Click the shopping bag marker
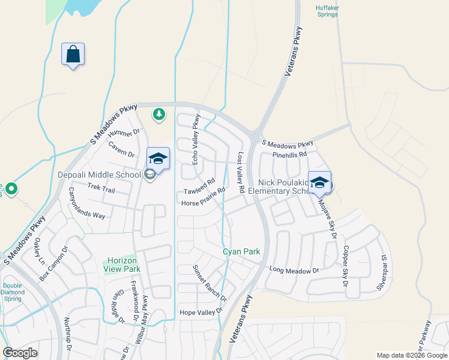[73, 54]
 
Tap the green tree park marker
[158, 114]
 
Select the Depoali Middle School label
[99, 175]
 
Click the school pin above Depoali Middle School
[158, 158]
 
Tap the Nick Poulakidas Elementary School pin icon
[319, 182]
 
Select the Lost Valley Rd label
[240, 172]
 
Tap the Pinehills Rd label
[289, 154]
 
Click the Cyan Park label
[241, 252]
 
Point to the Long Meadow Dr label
[294, 270]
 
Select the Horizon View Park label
[122, 265]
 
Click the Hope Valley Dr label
[201, 312]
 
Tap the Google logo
[20, 353]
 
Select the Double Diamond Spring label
[13, 292]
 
